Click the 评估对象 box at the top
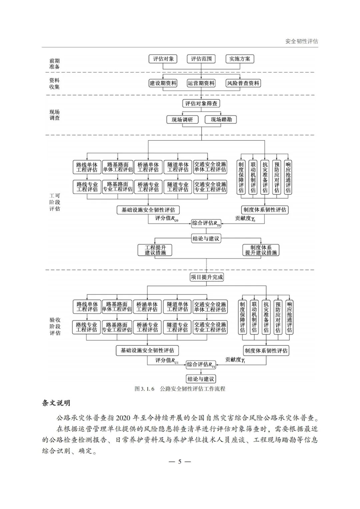(x=163, y=59)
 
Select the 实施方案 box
(x=240, y=59)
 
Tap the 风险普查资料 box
(x=243, y=83)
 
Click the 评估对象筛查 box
(x=201, y=103)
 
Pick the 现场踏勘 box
(x=221, y=119)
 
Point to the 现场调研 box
(x=182, y=119)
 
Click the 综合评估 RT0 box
(x=206, y=223)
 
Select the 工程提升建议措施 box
(x=155, y=250)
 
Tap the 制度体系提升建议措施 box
(x=261, y=250)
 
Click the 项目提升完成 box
(x=207, y=277)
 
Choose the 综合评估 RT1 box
(x=201, y=365)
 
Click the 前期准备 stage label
(x=54, y=64)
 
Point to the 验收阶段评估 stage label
(x=55, y=326)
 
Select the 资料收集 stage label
(x=54, y=83)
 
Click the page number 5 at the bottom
(x=180, y=462)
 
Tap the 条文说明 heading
(x=56, y=403)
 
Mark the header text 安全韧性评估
(x=302, y=41)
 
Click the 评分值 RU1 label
(x=167, y=360)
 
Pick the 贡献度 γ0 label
(x=245, y=218)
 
